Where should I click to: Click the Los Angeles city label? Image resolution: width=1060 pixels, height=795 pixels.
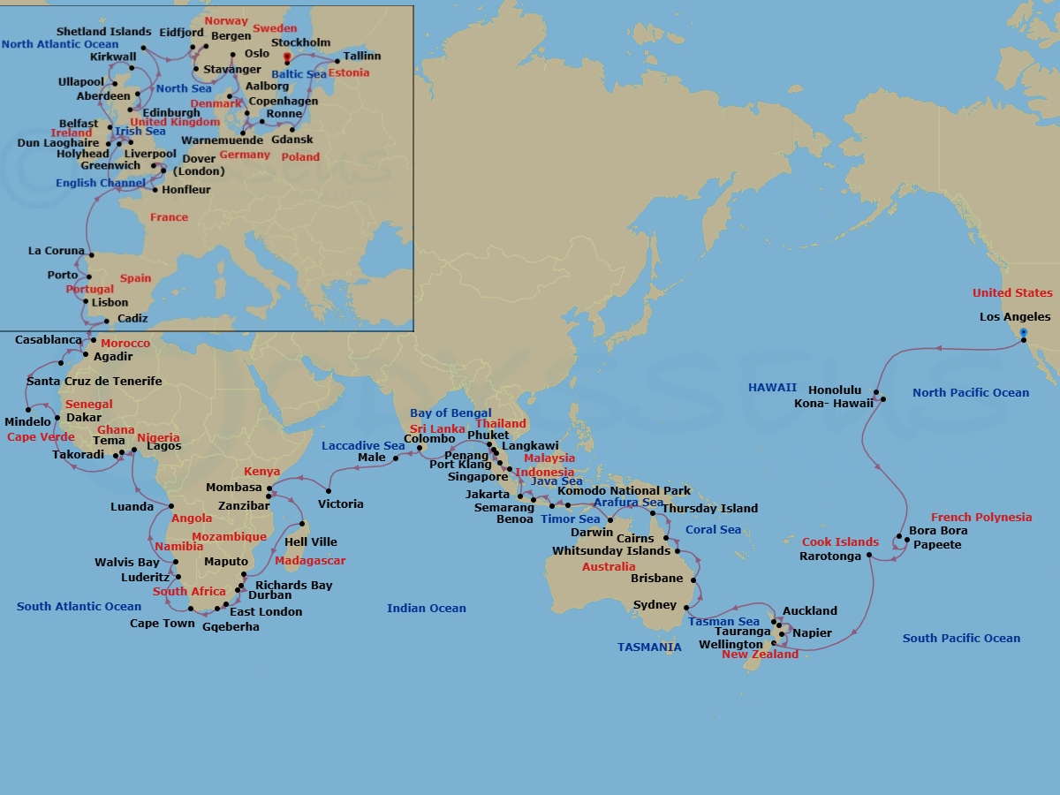click(x=1015, y=317)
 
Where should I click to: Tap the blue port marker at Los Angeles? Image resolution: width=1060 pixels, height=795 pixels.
click(x=1024, y=333)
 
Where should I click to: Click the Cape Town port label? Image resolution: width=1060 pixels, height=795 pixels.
click(x=163, y=624)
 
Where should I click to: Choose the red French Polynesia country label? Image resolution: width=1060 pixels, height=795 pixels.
click(x=980, y=518)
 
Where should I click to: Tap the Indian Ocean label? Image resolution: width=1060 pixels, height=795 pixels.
click(x=426, y=608)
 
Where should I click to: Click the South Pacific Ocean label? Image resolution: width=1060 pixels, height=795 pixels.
click(x=961, y=638)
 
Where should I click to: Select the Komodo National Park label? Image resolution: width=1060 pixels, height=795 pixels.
click(x=624, y=491)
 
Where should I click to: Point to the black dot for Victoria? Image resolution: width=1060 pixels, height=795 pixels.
click(x=329, y=491)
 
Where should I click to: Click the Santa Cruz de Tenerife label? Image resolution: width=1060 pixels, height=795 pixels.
click(x=95, y=382)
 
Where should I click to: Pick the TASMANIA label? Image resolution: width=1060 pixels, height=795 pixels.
click(x=649, y=647)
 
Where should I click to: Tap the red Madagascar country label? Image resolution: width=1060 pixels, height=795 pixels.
click(x=310, y=561)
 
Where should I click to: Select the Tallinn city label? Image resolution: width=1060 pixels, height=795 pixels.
click(x=362, y=57)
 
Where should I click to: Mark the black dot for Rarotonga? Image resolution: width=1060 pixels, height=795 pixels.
click(x=870, y=556)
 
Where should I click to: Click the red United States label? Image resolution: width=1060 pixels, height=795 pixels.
click(x=1012, y=293)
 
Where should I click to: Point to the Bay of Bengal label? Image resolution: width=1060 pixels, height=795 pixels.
click(x=450, y=413)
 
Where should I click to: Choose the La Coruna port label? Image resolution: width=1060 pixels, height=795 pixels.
click(x=57, y=252)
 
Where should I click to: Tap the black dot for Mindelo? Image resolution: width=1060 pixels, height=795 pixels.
click(x=29, y=409)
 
